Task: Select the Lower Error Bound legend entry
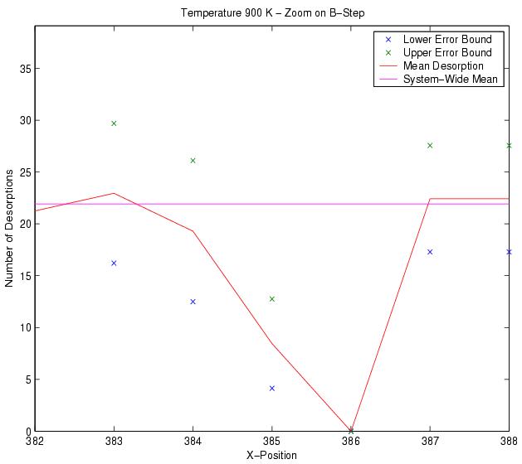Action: (x=446, y=39)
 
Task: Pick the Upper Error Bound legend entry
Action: (x=446, y=52)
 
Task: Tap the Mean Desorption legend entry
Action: (x=442, y=65)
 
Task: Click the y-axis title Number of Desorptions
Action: (x=9, y=228)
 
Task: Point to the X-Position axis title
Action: (x=271, y=455)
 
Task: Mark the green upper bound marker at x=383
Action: (x=114, y=123)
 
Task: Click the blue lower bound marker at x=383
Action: (x=114, y=263)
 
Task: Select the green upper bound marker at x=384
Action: (x=193, y=161)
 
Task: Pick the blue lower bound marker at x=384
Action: (x=193, y=302)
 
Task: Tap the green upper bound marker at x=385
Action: (x=271, y=299)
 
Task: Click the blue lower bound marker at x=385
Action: (x=271, y=389)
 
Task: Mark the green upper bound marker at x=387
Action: (x=430, y=146)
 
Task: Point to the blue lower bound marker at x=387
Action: (x=430, y=252)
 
